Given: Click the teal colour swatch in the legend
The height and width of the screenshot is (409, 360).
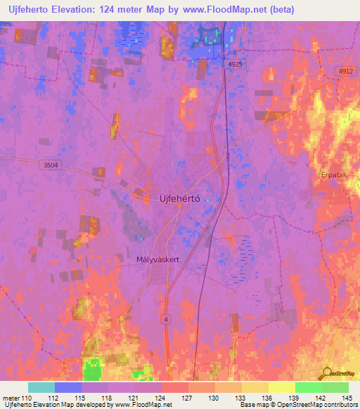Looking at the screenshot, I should pos(41,387).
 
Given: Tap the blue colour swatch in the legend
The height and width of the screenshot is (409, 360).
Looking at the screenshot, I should pos(67,387).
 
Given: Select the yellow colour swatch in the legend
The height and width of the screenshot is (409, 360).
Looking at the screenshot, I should pos(281,387).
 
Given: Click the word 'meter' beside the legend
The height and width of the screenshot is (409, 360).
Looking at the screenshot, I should pos(11,397).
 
